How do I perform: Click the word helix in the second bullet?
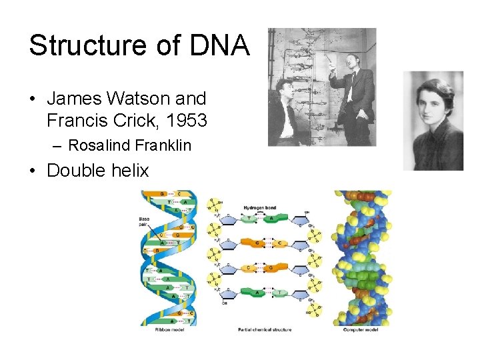tap(127, 170)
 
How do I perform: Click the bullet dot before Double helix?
tap(33, 171)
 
